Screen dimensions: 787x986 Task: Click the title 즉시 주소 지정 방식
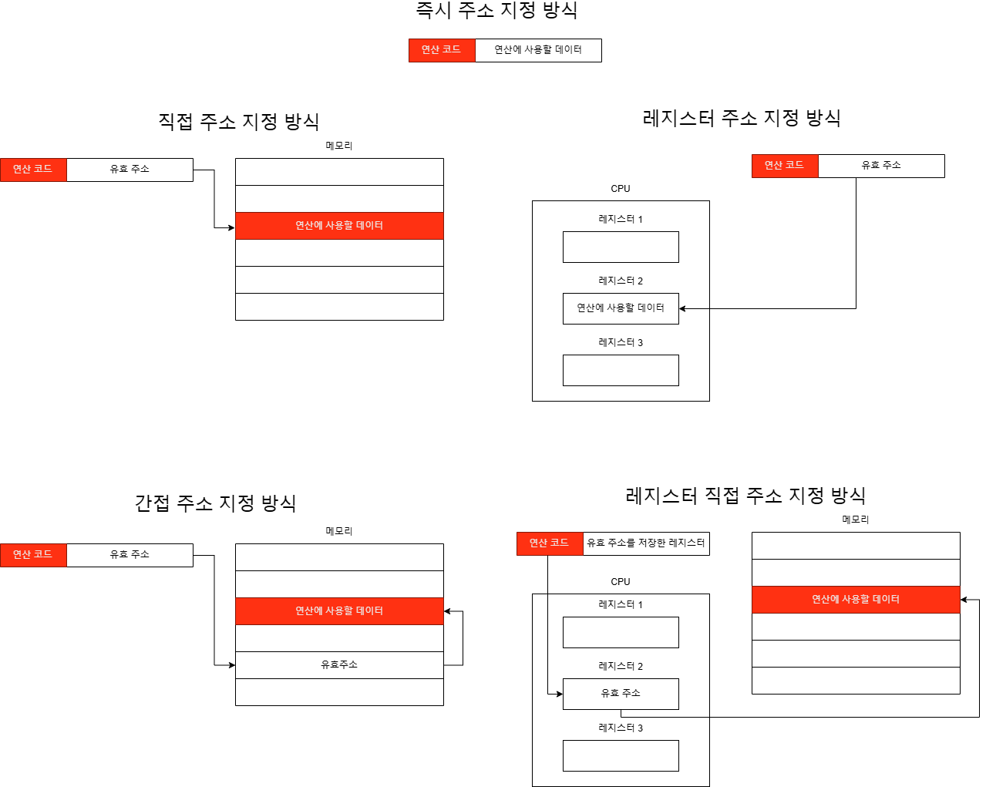[496, 10]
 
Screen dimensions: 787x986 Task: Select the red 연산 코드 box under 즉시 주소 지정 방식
[442, 50]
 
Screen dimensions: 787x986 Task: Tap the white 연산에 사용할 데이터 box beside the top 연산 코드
[538, 50]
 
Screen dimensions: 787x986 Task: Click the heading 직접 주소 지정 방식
[238, 121]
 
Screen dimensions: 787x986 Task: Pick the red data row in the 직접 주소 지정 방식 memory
[339, 226]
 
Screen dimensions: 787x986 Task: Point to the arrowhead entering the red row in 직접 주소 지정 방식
[231, 227]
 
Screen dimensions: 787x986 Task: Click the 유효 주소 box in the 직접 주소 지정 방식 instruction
[130, 170]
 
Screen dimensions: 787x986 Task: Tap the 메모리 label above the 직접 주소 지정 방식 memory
[339, 146]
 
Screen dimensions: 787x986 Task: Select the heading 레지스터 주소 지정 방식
[741, 118]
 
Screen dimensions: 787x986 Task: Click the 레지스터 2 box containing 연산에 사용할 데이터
[621, 308]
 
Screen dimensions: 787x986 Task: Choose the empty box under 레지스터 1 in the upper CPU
[621, 247]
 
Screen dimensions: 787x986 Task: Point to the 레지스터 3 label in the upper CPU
[621, 342]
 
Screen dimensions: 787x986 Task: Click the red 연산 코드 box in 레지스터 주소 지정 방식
[785, 166]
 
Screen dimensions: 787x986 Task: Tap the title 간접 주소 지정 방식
[215, 503]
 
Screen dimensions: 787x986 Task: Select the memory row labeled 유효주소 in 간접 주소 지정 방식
[339, 665]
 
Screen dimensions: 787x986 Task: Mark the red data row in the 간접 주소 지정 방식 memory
[339, 611]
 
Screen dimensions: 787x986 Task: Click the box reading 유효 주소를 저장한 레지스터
[646, 543]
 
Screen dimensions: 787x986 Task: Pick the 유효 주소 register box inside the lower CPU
[621, 694]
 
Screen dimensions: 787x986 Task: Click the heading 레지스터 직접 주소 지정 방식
[745, 495]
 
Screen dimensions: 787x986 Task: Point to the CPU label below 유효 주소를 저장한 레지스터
[621, 582]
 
